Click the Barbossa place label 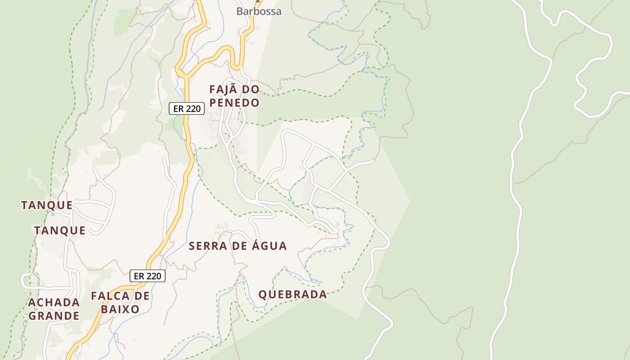[x=259, y=11]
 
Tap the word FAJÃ [x=222, y=90]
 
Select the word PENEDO [x=234, y=103]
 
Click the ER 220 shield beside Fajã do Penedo [x=187, y=108]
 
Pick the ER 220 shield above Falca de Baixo [x=148, y=276]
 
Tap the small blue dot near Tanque [x=53, y=214]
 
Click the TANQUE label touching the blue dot [x=47, y=205]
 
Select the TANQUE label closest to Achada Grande [x=60, y=231]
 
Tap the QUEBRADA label [x=292, y=295]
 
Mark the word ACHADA [x=54, y=302]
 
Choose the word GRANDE [x=54, y=316]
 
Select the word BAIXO [x=120, y=310]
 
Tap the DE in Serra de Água [x=241, y=246]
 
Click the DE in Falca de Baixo [x=141, y=296]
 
